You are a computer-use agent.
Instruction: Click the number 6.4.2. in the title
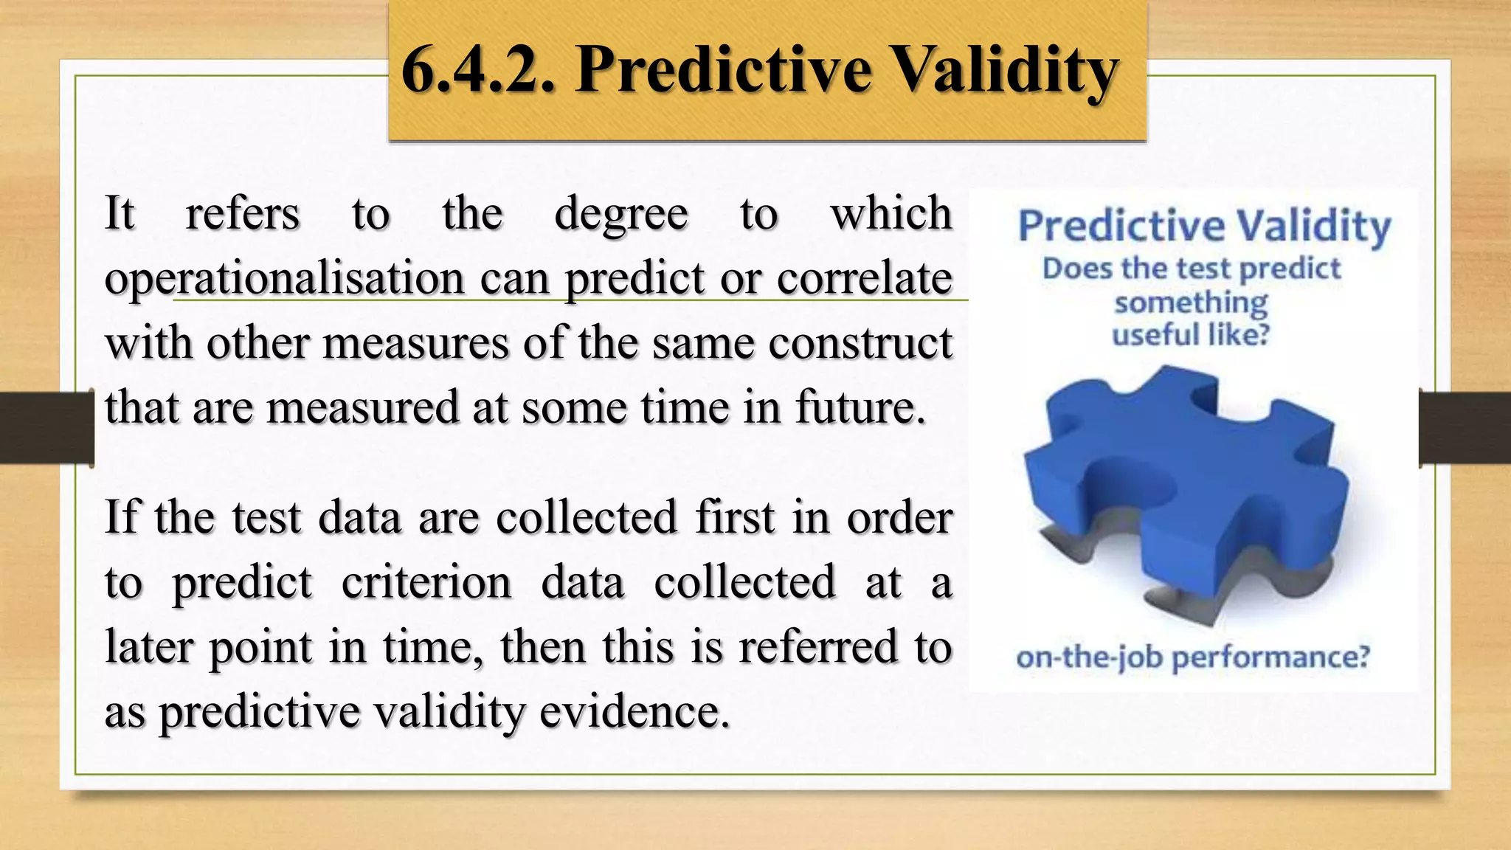(477, 70)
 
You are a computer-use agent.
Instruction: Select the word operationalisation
(284, 279)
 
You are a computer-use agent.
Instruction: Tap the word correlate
(864, 279)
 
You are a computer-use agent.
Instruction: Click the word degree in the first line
(620, 215)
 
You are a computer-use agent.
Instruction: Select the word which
(891, 214)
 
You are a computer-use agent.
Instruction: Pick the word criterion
(426, 583)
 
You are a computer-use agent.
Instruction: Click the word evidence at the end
(635, 712)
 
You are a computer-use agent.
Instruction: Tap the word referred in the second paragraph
(818, 647)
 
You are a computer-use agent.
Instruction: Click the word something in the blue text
(1190, 303)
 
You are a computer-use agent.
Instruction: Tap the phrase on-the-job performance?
(1192, 657)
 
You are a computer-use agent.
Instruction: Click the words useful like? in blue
(1190, 335)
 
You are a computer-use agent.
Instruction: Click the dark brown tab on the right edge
(1465, 428)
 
